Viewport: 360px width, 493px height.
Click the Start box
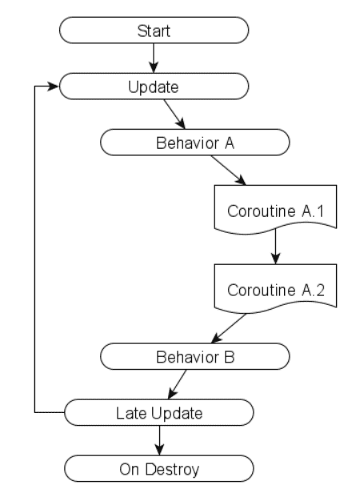(x=154, y=30)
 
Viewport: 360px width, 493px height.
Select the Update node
(x=154, y=86)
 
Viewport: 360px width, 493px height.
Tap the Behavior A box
(x=195, y=142)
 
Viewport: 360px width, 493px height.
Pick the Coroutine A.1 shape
(x=275, y=209)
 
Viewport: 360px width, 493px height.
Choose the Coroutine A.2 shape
(x=275, y=288)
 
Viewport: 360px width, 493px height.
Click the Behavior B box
(x=195, y=356)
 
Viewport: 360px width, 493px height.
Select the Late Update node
(x=159, y=412)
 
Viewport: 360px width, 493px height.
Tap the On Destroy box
(x=159, y=468)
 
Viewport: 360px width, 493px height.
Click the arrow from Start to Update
(x=154, y=58)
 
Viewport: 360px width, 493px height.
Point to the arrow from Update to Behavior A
(x=174, y=114)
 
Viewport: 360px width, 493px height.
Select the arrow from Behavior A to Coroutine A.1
(x=229, y=170)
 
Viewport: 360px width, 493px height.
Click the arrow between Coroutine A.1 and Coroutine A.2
(x=276, y=246)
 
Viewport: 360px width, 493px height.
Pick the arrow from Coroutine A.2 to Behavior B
(x=229, y=328)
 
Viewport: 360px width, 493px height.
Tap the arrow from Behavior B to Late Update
(x=178, y=384)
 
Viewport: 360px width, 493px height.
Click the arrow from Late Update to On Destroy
(x=159, y=440)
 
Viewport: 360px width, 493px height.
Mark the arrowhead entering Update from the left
(x=53, y=86)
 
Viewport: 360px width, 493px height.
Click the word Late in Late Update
(x=132, y=413)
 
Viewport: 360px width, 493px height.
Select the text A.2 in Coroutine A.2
(x=313, y=290)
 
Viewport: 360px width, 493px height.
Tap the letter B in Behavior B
(x=230, y=357)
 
